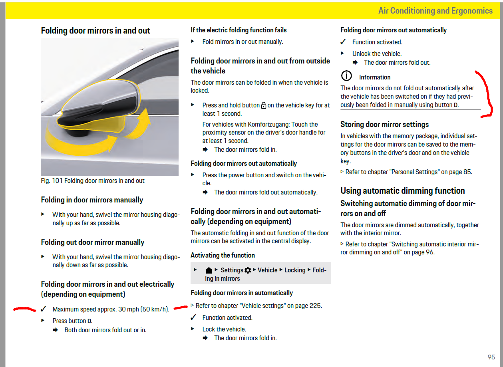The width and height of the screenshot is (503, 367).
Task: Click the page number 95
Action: [x=491, y=357]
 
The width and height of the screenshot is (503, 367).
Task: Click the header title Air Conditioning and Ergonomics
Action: [x=435, y=11]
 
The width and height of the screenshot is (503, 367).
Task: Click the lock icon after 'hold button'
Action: [x=263, y=106]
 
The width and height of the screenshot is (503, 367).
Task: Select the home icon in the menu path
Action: [x=209, y=271]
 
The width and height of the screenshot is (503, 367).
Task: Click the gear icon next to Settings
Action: [x=248, y=270]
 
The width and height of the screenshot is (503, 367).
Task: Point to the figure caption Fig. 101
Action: [x=93, y=181]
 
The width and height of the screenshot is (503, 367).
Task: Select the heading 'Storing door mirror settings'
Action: [x=384, y=124]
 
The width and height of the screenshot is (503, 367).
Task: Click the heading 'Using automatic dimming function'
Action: [x=402, y=191]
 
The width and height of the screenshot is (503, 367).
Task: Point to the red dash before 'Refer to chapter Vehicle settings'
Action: [x=181, y=307]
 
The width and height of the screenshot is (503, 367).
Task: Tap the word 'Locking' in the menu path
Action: [x=295, y=270]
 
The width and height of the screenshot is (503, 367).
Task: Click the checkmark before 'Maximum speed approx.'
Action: [x=44, y=309]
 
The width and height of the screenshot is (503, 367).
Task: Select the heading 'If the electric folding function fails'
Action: [x=239, y=30]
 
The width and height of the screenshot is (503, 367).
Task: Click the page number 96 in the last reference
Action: [x=429, y=252]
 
